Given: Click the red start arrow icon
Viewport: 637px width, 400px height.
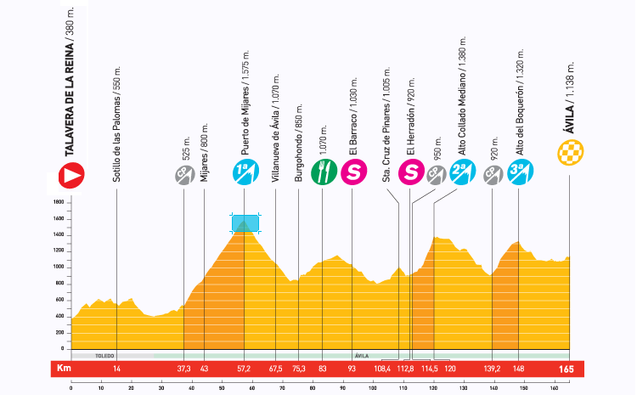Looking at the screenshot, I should click(71, 175).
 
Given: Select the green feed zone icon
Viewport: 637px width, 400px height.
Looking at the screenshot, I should click(323, 173).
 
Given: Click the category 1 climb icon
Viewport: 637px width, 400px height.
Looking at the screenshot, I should click(244, 173).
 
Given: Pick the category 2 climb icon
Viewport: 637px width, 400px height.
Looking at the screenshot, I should click(464, 173).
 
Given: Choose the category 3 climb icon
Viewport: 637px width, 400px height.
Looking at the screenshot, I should click(519, 173).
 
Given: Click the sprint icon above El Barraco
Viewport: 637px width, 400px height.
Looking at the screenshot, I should click(352, 173).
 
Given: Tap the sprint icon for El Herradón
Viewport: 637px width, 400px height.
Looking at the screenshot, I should click(412, 173).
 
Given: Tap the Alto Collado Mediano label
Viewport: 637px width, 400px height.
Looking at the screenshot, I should click(464, 93).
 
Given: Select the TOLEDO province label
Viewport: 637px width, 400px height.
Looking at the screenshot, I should click(105, 355).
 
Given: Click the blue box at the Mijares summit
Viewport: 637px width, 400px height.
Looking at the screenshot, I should click(245, 223).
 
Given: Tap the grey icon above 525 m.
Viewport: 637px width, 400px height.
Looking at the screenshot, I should click(183, 175).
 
